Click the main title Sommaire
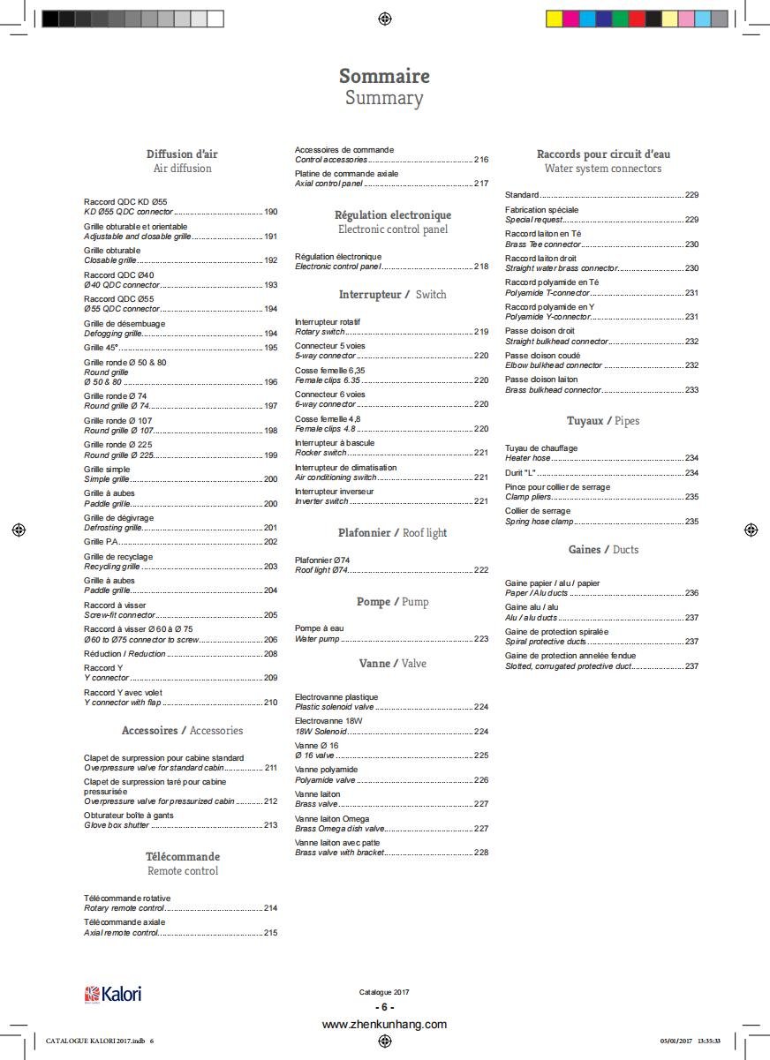coord(384,76)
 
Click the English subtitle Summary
coord(384,98)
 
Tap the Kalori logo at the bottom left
coord(112,994)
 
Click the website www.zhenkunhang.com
coord(384,1025)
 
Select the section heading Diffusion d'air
coord(182,154)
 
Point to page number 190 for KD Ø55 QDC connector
coord(270,212)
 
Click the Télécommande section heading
coord(183,856)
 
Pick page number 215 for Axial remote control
coord(270,932)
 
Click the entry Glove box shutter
coord(117,825)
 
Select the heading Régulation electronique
coord(392,214)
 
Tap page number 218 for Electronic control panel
coord(481,267)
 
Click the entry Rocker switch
coord(321,453)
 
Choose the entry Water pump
coord(317,638)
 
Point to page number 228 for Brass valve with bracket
coord(481,853)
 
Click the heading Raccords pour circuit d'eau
coord(603,154)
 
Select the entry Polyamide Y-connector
coord(547,317)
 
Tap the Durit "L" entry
coord(521,473)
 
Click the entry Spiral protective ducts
coord(546,642)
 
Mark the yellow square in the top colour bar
coord(555,19)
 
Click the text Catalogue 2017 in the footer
coord(384,992)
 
